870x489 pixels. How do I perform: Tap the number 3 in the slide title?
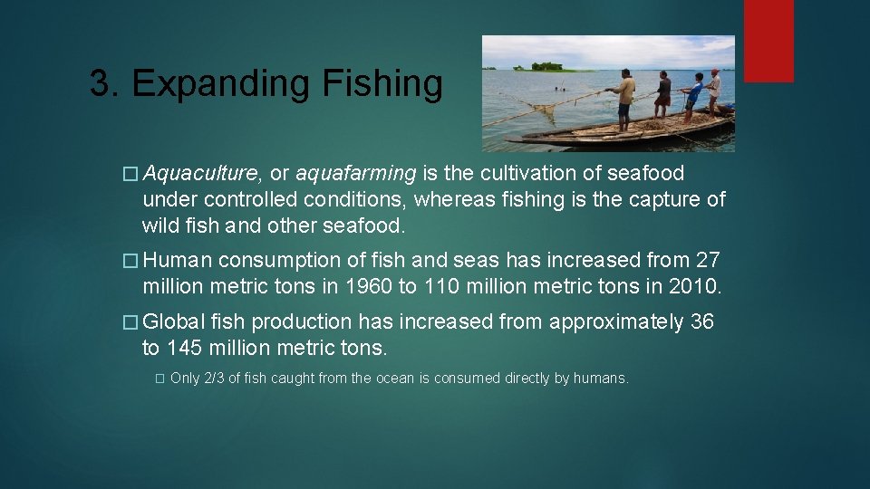99,83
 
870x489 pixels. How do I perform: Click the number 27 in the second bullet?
707,261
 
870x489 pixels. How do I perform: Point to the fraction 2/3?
214,379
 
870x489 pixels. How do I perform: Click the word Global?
173,322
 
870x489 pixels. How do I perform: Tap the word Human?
177,261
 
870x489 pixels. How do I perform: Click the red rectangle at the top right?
768,40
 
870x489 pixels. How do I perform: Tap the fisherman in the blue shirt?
693,95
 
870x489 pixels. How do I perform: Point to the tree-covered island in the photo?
546,66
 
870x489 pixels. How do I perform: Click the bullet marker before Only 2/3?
159,379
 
